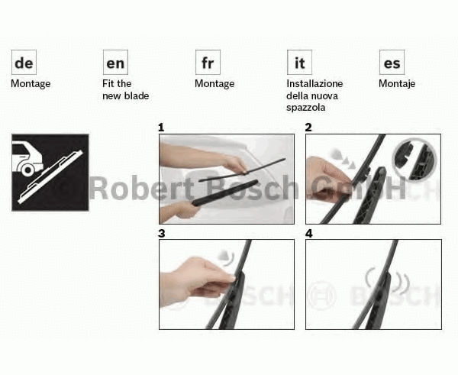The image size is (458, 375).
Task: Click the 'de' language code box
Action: coord(24,63)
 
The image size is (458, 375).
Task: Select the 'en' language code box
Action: coord(115,63)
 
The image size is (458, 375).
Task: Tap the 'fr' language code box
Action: coord(208,63)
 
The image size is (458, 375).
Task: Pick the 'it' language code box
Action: coord(299,63)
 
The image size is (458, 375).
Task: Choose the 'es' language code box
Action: coord(392,63)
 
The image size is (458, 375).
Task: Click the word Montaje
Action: coord(397,84)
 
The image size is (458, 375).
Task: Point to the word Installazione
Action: coord(314,83)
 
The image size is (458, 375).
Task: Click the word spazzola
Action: coord(306,108)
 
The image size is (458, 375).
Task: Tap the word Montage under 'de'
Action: coord(31,84)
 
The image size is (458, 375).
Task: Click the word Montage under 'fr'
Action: coord(214,84)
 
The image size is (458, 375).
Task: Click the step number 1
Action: coord(161,128)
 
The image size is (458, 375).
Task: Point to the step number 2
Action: coord(308,128)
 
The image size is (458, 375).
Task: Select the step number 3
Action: coord(162,234)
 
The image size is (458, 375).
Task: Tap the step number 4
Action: coord(308,234)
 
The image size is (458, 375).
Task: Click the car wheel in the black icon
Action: coord(27,169)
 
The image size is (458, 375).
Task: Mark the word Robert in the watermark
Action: coord(141,189)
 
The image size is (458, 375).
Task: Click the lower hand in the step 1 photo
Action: coord(178,212)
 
